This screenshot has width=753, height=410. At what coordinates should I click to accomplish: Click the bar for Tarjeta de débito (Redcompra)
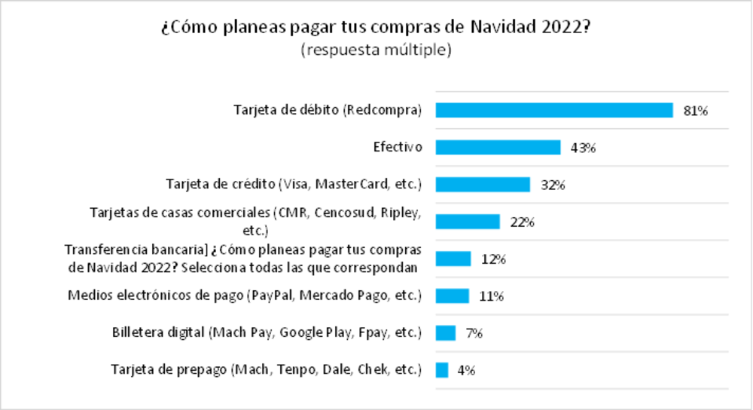(x=554, y=110)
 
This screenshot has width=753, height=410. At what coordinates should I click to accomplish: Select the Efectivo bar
(x=498, y=147)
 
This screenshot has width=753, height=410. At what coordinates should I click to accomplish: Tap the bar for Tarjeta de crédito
(x=483, y=184)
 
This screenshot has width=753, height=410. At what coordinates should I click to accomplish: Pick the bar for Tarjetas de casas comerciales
(x=468, y=222)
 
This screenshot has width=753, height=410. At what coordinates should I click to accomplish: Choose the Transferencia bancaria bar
(x=453, y=259)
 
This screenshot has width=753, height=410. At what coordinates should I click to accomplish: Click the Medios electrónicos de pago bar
(x=453, y=295)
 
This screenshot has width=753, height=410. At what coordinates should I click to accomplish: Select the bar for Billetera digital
(x=446, y=332)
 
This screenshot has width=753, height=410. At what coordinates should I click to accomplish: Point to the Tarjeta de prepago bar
(x=442, y=370)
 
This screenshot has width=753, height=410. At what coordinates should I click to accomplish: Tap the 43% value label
(x=584, y=148)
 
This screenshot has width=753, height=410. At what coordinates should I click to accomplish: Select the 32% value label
(x=553, y=185)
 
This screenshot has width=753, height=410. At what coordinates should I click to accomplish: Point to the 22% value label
(x=522, y=222)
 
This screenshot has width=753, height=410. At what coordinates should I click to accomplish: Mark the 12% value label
(x=493, y=259)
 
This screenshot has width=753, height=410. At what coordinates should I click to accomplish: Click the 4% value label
(x=466, y=371)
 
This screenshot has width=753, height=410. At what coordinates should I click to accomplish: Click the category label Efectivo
(x=398, y=147)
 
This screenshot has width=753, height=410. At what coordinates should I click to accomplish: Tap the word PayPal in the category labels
(x=272, y=295)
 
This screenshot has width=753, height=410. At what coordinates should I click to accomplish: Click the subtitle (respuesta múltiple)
(x=376, y=51)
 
